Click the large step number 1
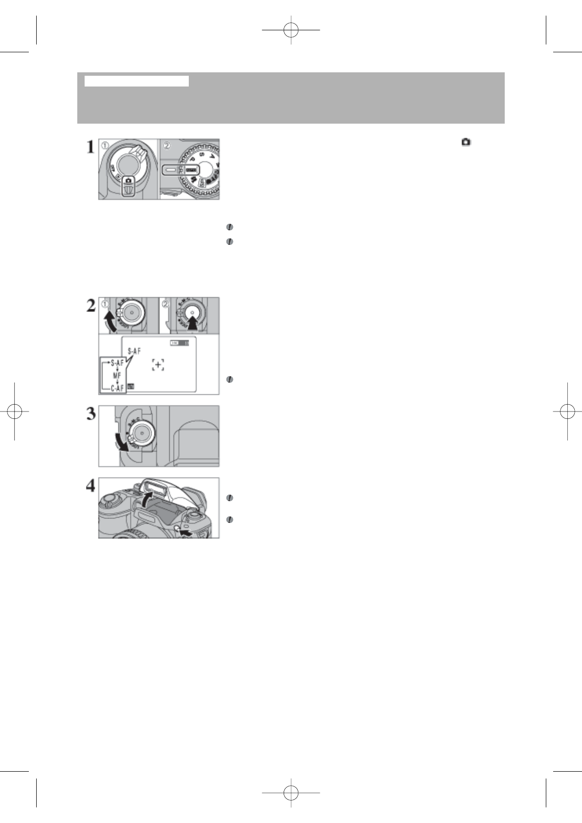coord(90,147)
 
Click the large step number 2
coord(90,307)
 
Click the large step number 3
coord(90,414)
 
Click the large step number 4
coord(90,486)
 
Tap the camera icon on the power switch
coord(129,180)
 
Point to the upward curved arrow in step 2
coord(110,321)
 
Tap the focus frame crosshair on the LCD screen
coord(157,365)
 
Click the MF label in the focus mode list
coord(117,375)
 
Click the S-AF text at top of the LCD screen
coord(134,350)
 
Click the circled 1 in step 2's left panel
coord(105,303)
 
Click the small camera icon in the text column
coord(466,142)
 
